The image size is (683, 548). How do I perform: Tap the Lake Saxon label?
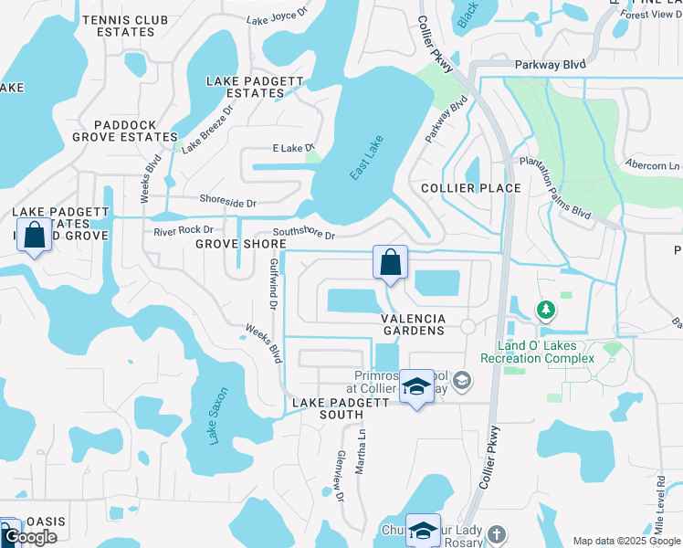215,416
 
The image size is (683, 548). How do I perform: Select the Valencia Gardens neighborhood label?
419,324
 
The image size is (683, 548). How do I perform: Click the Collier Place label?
470,188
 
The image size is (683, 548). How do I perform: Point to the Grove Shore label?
241,244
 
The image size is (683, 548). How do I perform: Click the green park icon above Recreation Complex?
546,311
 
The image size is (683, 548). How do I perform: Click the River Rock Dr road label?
184,229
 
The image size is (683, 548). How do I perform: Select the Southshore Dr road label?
304,235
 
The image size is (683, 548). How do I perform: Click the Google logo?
31,537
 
